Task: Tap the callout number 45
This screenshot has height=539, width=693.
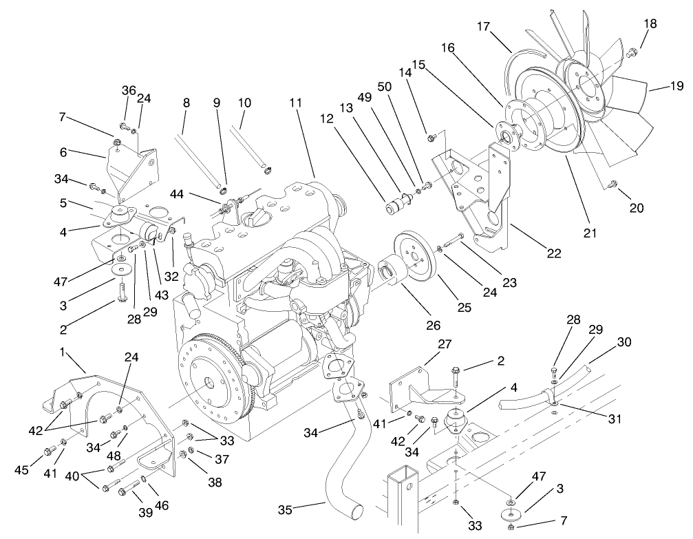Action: [23, 469]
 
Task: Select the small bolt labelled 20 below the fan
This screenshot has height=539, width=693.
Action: [614, 183]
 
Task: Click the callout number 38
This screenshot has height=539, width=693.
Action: [215, 483]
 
